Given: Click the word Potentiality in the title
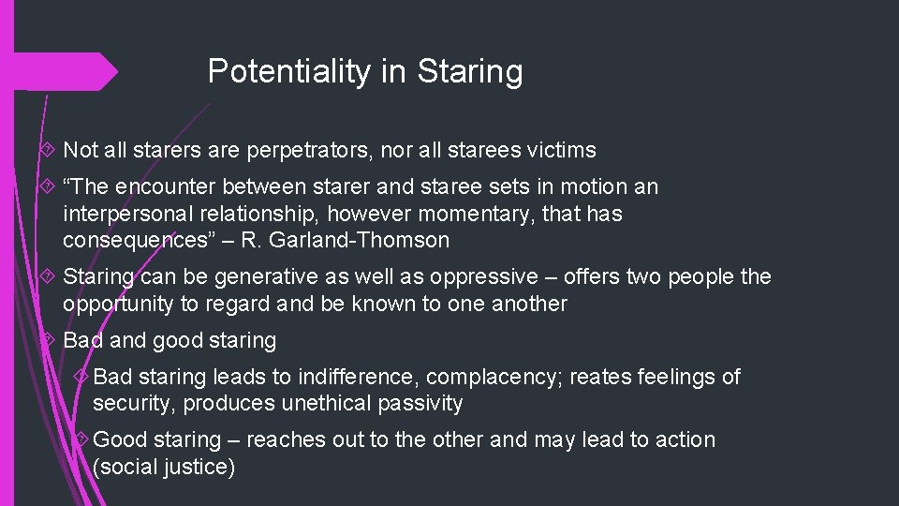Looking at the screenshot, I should click(x=288, y=71).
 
